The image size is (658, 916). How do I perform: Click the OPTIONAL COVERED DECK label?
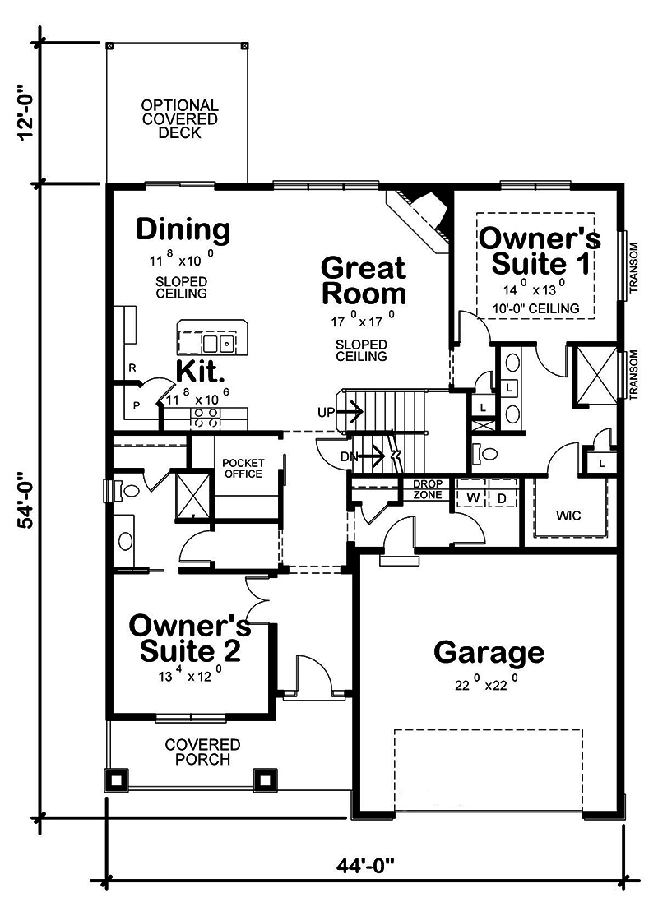[x=179, y=119]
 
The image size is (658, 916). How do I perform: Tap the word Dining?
[x=183, y=229]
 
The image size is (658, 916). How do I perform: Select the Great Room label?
[x=363, y=280]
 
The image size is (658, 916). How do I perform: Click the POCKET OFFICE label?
[x=243, y=469]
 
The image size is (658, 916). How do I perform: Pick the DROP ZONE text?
[x=427, y=490]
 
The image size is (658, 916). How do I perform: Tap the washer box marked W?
[x=473, y=498]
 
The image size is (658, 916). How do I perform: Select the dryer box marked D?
[x=502, y=498]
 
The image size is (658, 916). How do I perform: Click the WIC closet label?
[x=568, y=516]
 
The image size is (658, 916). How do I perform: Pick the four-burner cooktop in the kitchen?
[x=204, y=417]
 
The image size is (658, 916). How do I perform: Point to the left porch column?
[x=115, y=778]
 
